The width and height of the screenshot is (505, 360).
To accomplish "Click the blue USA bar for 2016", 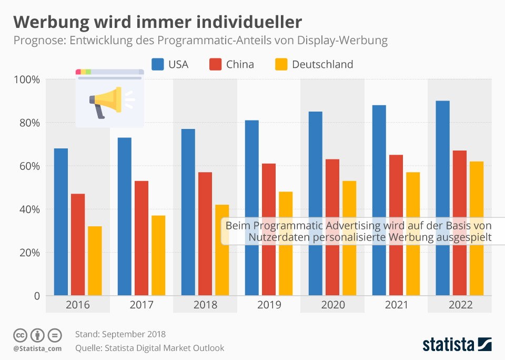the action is coord(61,222).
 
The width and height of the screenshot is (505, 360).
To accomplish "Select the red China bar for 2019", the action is coord(269,229).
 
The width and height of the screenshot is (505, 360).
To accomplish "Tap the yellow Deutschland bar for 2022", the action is coord(477,228).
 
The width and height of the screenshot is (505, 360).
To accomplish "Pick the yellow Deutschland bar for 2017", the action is coord(158,255).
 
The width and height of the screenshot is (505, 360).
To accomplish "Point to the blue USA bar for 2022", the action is coord(442,198).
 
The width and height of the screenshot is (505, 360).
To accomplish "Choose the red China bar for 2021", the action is coord(396,225).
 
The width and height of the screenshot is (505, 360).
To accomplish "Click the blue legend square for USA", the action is coord(158,64).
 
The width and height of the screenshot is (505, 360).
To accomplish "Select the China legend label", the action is coord(240,64).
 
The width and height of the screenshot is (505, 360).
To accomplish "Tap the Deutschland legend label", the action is coord(322,64).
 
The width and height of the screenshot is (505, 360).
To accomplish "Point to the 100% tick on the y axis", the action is coord(27,79).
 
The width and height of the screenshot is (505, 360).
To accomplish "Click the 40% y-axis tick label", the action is coord(29,209).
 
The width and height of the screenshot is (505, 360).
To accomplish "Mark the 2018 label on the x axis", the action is coord(205,305).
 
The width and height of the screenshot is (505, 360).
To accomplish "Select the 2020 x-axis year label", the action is coord(332,305).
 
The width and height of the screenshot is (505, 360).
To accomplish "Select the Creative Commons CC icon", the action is coord(20,335).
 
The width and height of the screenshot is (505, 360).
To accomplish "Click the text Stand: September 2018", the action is coord(120,334).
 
